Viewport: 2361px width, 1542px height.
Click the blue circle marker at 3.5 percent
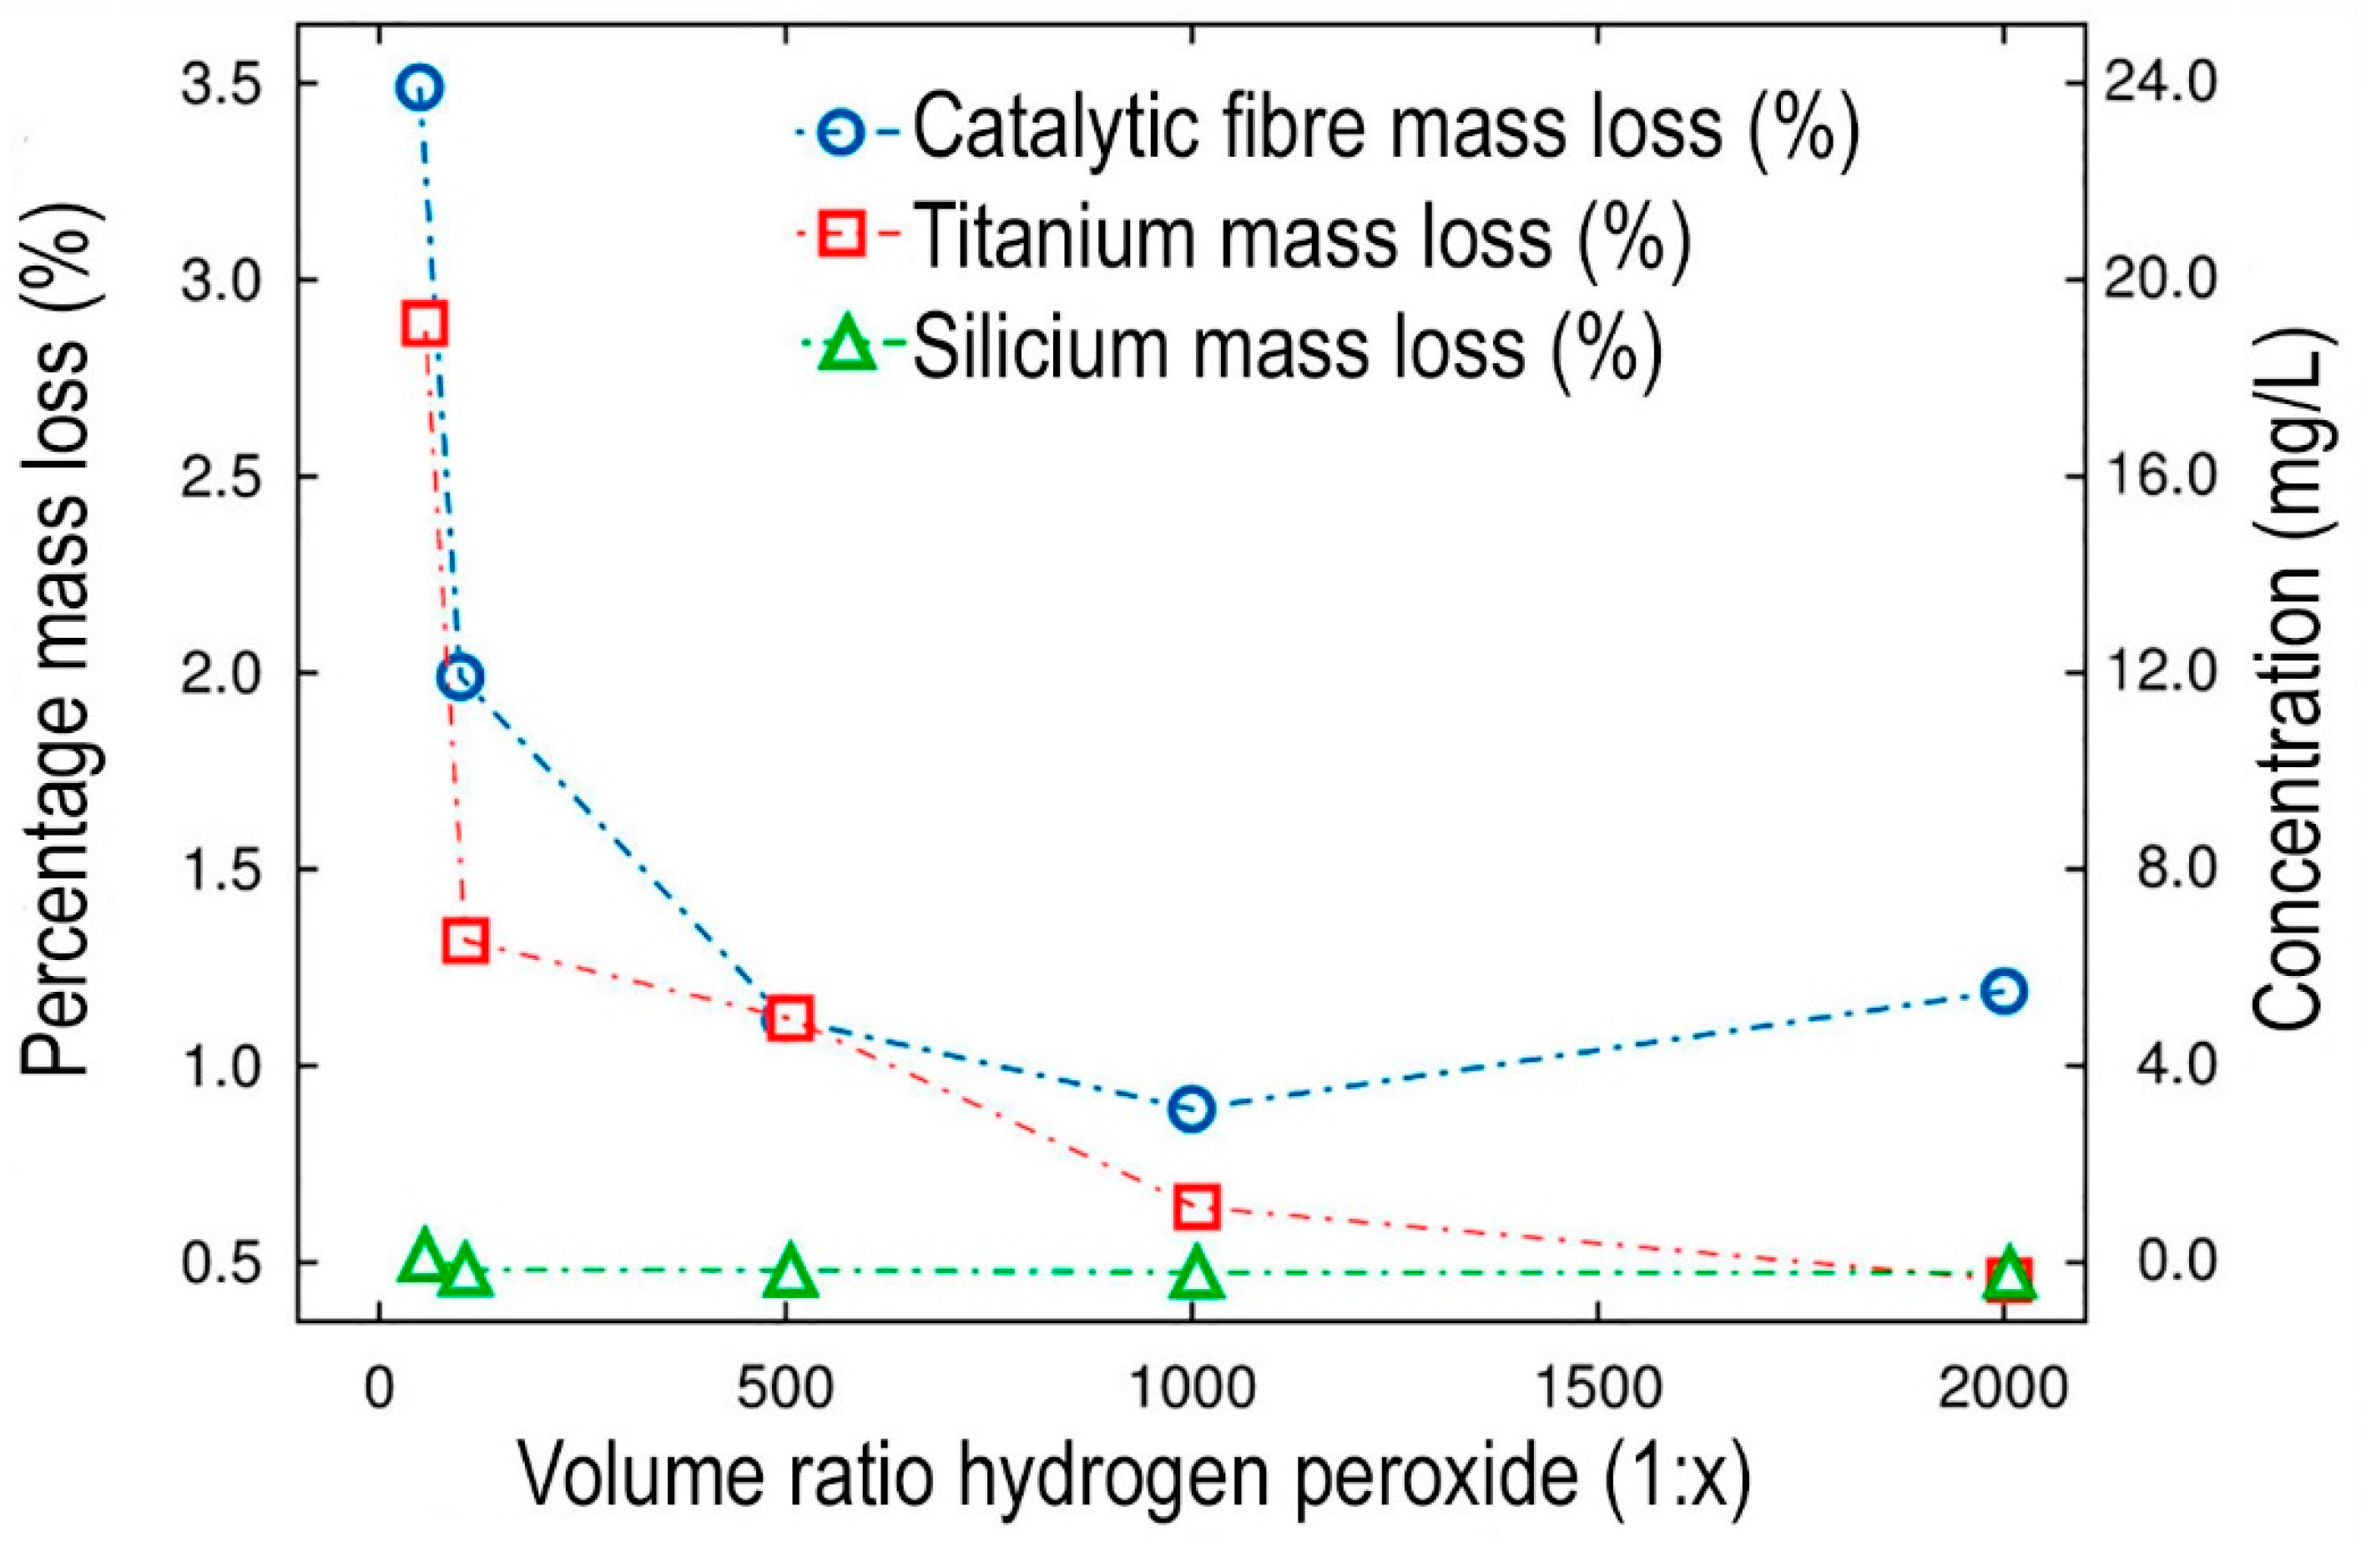[420, 88]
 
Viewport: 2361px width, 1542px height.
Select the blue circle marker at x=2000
[2004, 991]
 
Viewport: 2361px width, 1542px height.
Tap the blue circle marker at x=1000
[1192, 1109]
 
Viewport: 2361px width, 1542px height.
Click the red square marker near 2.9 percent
[424, 325]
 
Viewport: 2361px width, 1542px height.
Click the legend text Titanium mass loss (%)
[1300, 238]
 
